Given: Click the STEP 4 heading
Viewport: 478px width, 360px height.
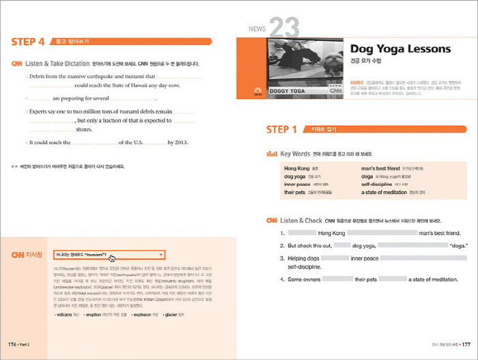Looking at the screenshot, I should pyautogui.click(x=28, y=42).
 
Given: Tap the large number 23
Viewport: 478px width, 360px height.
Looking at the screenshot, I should pyautogui.click(x=285, y=28).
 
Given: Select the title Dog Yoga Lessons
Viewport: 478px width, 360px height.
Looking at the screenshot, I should pyautogui.click(x=400, y=49).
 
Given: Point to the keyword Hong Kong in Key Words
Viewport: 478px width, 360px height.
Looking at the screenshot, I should pyautogui.click(x=296, y=168).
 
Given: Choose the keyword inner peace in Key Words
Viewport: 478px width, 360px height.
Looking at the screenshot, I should pyautogui.click(x=297, y=184).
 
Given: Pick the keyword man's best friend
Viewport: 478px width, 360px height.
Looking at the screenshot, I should pyautogui.click(x=380, y=168).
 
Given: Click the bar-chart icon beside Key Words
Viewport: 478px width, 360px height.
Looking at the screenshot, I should pyautogui.click(x=271, y=154).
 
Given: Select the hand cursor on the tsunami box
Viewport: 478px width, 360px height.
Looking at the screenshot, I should pyautogui.click(x=112, y=258).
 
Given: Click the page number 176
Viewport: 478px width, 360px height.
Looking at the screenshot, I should pyautogui.click(x=12, y=344).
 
